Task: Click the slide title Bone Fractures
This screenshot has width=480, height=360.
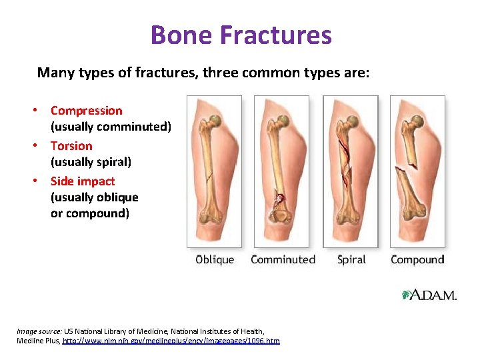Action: tap(241, 35)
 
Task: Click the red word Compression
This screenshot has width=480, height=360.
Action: tap(87, 111)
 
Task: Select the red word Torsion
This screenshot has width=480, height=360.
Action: tap(71, 146)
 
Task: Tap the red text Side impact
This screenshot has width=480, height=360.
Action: tap(83, 181)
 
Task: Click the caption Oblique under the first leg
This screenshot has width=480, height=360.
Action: tap(214, 259)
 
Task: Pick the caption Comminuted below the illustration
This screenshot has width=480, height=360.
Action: tap(283, 259)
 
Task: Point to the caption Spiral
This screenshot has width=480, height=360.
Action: tap(351, 259)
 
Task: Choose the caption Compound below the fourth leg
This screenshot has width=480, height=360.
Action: tap(417, 259)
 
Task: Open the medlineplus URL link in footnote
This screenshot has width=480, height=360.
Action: tap(171, 341)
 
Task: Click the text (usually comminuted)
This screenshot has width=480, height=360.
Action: tap(111, 127)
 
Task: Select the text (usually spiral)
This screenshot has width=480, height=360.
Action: tap(91, 162)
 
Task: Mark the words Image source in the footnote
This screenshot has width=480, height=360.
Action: tap(39, 331)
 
